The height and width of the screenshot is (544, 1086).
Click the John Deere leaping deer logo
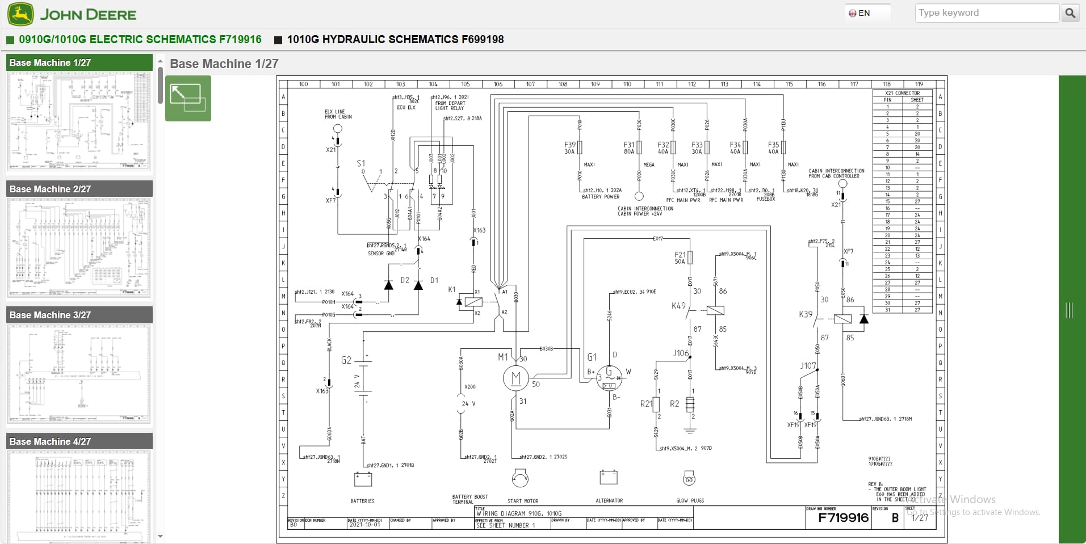20,14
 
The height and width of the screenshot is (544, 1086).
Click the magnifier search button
1070,13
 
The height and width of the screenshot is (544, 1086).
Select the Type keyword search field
986,13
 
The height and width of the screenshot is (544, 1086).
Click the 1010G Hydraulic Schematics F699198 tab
395,40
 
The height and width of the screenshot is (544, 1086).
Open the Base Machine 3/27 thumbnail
79,374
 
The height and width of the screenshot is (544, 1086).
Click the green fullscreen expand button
188,99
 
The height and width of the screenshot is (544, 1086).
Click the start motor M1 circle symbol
515,378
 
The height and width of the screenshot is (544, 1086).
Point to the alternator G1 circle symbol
609,378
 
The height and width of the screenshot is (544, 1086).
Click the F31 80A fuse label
628,148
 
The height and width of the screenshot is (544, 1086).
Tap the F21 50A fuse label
680,258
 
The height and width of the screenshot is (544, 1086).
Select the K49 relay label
678,306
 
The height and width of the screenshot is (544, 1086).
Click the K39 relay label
805,314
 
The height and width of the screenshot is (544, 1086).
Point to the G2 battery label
346,360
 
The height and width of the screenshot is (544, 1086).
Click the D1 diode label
434,280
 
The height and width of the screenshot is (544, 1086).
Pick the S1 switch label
360,163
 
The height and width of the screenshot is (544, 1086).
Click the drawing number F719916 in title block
843,517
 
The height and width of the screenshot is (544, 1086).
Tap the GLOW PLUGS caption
690,500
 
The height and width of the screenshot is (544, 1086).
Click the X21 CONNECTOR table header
902,93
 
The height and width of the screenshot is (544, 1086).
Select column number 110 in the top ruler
627,84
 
